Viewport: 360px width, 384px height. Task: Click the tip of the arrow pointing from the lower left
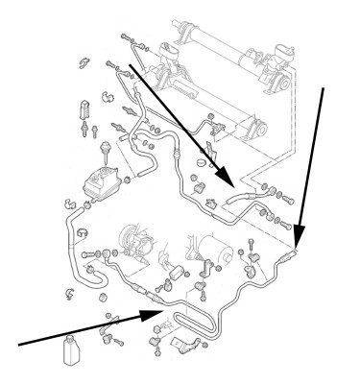[159, 310]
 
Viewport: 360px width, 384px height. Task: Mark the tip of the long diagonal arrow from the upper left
[231, 185]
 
